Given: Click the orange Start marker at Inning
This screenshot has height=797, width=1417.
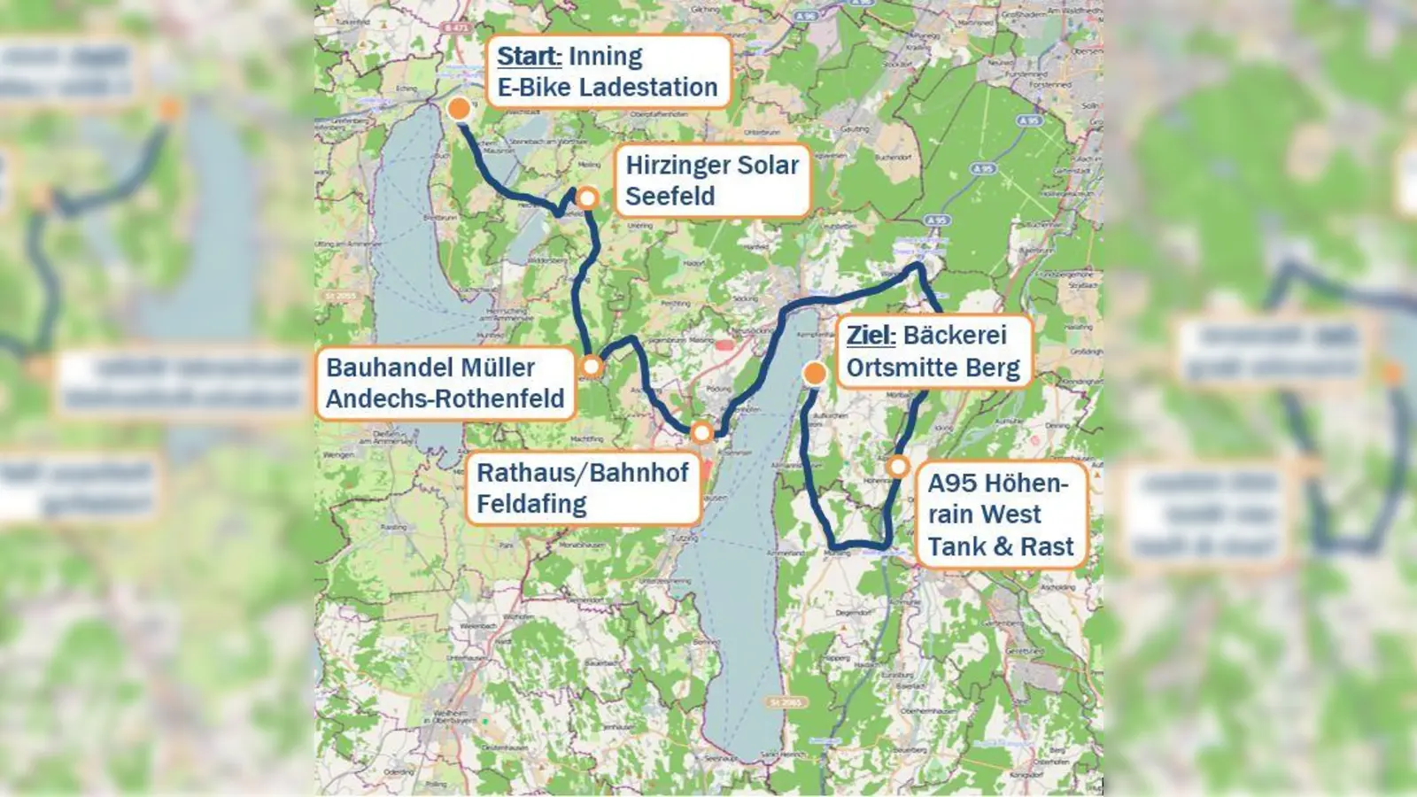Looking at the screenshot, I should tap(459, 109).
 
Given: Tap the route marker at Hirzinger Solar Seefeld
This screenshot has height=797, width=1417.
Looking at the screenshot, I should tap(587, 197).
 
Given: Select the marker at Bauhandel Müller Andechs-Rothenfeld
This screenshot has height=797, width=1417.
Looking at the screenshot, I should tap(592, 366).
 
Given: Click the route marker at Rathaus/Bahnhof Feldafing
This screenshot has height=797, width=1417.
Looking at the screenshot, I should tap(701, 433).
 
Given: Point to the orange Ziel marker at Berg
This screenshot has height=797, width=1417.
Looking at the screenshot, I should tap(815, 374).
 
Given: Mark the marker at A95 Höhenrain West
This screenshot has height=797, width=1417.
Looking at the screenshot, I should tap(898, 466).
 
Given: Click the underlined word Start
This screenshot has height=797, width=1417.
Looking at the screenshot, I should tap(529, 56).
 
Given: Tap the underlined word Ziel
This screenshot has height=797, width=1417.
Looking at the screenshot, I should tap(871, 336).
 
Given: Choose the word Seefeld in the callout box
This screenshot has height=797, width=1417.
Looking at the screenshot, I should tap(670, 196).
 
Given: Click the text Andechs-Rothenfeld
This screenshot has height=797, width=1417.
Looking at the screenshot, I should tap(445, 398).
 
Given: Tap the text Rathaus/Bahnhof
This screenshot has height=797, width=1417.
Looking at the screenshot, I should tap(582, 473).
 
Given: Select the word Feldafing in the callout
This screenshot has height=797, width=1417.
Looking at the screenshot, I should tap(531, 504).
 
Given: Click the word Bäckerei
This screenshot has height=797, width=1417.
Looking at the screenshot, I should tap(956, 336).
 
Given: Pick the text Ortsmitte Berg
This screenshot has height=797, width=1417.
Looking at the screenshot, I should tap(933, 368).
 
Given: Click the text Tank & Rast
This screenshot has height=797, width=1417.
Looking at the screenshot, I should tap(1000, 546).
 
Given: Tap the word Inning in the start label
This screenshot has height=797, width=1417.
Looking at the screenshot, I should tap(606, 56).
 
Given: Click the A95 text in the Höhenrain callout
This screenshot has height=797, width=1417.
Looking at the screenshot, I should tap(951, 484).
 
